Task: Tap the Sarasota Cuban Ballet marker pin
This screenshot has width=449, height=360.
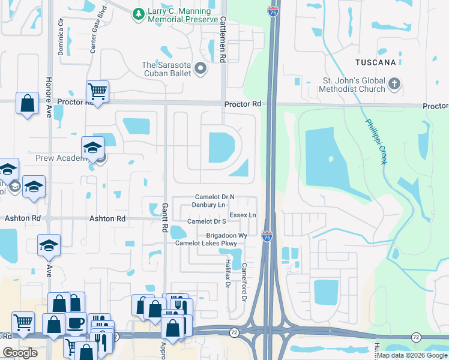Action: pyautogui.click(x=200, y=69)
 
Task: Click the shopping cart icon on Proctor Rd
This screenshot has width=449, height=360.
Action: pyautogui.click(x=97, y=92)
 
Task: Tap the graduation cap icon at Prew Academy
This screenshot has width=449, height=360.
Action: pyautogui.click(x=93, y=148)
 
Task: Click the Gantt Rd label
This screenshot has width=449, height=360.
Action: pyautogui.click(x=164, y=217)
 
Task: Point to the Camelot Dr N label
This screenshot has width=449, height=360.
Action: pyautogui.click(x=215, y=197)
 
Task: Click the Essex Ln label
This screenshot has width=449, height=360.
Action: pyautogui.click(x=243, y=215)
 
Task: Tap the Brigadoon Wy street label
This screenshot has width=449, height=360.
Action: pyautogui.click(x=227, y=236)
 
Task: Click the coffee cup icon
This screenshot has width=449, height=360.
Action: pyautogui.click(x=75, y=323)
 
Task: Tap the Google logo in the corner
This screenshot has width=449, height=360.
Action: pyautogui.click(x=20, y=353)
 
